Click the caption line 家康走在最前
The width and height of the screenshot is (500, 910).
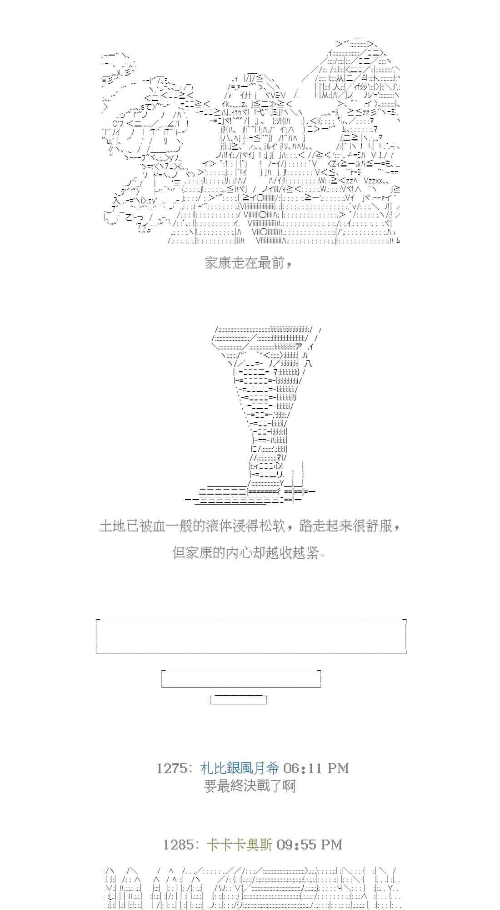coord(248,263)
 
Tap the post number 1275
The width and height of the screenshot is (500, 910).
coord(171,768)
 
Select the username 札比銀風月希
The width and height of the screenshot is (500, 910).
coord(240,768)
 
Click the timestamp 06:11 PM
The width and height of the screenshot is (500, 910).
coord(315,768)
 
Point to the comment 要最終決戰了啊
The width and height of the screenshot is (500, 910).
coord(250,786)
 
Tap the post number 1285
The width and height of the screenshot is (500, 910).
coord(178,845)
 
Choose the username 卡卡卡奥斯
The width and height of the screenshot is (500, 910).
coord(239,845)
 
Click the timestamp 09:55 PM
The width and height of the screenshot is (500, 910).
coord(309,845)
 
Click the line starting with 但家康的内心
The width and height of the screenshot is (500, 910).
coord(250,553)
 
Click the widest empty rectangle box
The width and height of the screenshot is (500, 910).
coord(251,636)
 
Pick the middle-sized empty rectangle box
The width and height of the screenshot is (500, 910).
coord(241,678)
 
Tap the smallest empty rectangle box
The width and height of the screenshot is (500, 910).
coord(238,700)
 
